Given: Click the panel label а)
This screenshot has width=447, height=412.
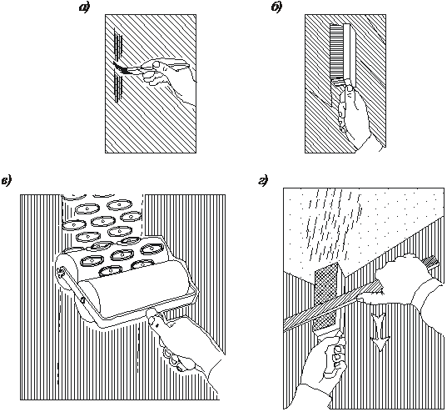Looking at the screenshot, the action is [x=84, y=8].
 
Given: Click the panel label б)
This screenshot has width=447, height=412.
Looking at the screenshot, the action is [x=276, y=8].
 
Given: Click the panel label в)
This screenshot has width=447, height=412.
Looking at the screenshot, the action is [x=6, y=181].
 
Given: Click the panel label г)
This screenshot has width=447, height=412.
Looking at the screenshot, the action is [x=264, y=181].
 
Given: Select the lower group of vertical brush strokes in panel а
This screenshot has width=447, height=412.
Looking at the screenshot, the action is [x=118, y=87].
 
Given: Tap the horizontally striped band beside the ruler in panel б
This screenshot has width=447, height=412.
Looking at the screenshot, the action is [x=336, y=52].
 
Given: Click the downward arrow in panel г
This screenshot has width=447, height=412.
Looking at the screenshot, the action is [x=380, y=331].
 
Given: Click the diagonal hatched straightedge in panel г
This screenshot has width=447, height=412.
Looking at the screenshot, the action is [x=335, y=305].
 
